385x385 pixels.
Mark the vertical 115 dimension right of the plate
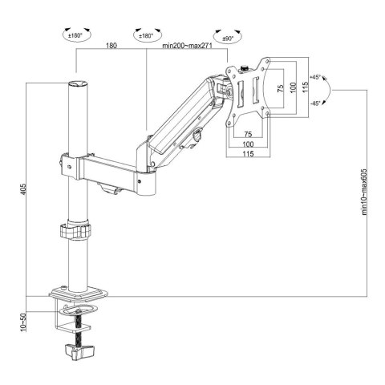tap(304, 88)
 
